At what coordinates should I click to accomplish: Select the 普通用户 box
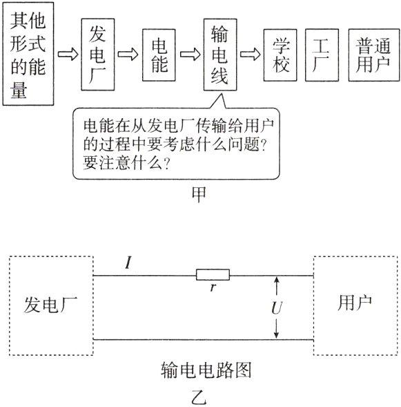tap(373, 54)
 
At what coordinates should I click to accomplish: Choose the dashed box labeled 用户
tap(355, 304)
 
